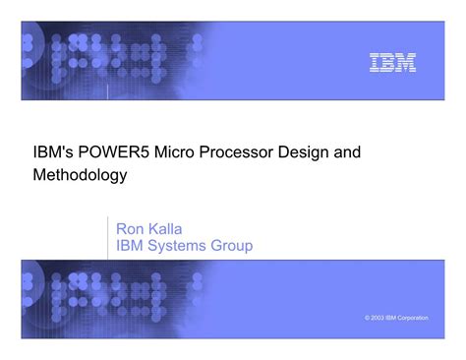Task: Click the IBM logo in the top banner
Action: tap(392, 63)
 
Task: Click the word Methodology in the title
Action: tap(78, 176)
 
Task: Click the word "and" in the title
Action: tap(348, 152)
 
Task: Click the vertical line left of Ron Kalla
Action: tap(107, 237)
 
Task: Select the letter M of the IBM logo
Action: tap(405, 63)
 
